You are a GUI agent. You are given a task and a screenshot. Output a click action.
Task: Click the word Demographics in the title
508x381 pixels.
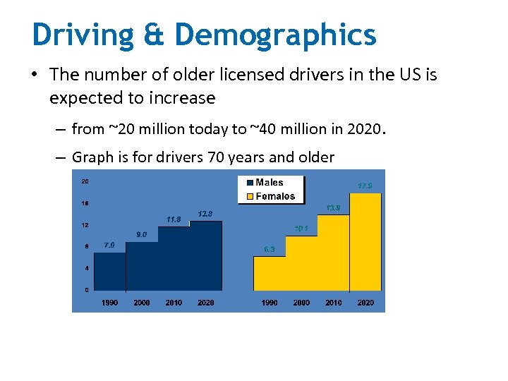tap(276, 34)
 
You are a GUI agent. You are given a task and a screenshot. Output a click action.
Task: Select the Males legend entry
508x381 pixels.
tap(269, 182)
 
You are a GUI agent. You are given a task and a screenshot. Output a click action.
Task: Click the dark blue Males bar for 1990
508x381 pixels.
tap(109, 272)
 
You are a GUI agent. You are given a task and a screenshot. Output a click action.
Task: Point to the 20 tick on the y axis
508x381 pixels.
tap(85, 181)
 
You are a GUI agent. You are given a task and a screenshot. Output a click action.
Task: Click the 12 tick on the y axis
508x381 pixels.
tap(85, 225)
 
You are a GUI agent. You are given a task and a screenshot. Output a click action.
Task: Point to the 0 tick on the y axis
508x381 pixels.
tap(86, 289)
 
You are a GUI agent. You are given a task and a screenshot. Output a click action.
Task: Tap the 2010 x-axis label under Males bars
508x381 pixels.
tap(174, 303)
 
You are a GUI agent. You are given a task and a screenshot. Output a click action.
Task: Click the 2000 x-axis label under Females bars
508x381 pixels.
tap(301, 303)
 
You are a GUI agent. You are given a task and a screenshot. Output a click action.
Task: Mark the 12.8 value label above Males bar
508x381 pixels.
tap(205, 213)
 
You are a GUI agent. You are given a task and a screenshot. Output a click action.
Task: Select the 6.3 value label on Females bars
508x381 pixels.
tap(270, 249)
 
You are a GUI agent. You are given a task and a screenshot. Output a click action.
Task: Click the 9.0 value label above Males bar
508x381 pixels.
tap(141, 234)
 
